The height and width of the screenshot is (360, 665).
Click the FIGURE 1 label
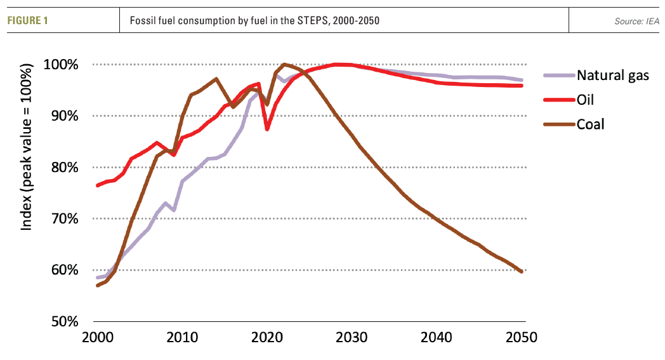tap(29, 21)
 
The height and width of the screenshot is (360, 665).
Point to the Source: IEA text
tap(636, 21)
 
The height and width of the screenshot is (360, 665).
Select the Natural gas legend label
tap(613, 75)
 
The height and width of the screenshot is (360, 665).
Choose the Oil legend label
tap(586, 100)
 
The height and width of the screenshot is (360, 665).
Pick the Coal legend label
tap(591, 124)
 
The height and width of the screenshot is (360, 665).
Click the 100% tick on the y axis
tap(61, 65)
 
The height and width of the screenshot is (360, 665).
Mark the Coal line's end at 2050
tap(522, 272)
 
